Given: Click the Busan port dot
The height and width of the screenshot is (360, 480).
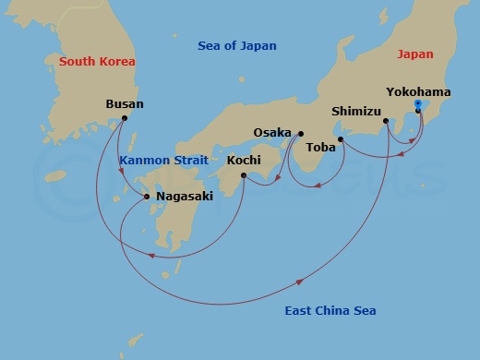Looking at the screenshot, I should pos(124,118).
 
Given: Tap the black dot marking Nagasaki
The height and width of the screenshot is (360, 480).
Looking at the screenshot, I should pos(148,197).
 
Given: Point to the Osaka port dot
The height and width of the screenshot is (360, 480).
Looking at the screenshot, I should pos(301,133).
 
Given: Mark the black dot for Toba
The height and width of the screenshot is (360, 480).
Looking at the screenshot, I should pos(341,139).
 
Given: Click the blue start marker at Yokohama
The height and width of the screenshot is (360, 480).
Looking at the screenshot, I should pos(418,103).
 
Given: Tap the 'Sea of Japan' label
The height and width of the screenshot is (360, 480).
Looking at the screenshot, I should pos(237,46).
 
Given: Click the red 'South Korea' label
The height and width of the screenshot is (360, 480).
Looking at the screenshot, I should pos(97,62).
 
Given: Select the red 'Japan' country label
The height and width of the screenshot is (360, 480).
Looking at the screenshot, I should pos(414,54).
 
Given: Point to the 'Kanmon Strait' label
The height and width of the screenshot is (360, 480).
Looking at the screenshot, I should pos(157,160).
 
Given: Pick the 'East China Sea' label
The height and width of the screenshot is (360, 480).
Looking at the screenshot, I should pos(330,311).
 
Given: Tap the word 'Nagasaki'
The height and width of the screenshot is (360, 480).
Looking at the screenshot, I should pos(185,197).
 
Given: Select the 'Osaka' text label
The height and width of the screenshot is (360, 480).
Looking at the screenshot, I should pos(272,133).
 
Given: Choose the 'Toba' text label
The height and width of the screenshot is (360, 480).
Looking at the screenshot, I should pos(319,146).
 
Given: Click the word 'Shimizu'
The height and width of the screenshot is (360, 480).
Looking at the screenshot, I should pos(356,112).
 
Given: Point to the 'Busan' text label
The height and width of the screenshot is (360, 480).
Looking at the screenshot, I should pos(125,104).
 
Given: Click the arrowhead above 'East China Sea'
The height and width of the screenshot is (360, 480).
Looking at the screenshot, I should pos(300,282).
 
